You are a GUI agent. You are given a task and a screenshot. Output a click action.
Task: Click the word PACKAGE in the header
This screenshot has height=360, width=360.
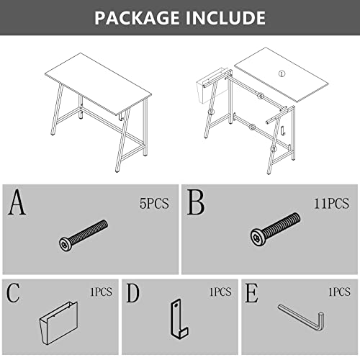137,18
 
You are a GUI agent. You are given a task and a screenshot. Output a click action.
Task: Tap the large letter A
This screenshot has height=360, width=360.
17,202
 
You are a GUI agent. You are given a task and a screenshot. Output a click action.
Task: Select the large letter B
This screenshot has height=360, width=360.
196,202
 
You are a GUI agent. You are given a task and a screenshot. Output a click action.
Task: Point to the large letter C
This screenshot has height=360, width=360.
13,292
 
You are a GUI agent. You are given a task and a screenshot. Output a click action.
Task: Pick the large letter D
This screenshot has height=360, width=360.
132,292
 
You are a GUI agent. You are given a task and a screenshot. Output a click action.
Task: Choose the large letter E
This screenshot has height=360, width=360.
251,292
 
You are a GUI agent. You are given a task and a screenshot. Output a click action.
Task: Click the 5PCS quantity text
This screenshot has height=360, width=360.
154,204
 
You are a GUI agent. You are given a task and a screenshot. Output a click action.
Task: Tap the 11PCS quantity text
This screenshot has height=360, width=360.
331,204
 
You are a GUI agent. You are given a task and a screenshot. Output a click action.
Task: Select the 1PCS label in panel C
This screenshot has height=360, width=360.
101,292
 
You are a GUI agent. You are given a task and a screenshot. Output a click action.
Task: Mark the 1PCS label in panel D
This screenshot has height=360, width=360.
220,292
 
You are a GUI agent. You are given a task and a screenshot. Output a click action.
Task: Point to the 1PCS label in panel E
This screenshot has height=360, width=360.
339,292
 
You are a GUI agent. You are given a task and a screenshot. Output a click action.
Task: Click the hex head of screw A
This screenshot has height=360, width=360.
65,244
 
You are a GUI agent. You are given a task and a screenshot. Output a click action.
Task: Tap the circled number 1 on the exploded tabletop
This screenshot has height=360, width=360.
282,73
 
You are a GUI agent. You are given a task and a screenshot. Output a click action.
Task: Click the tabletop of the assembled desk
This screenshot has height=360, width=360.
99,84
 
